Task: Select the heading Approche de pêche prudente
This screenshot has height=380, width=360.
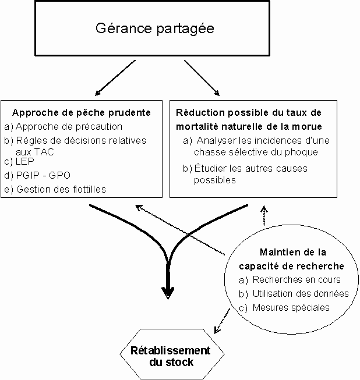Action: [x=81, y=112]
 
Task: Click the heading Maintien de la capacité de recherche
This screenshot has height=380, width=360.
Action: [x=292, y=259]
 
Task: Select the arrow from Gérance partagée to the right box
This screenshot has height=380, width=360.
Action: [x=202, y=77]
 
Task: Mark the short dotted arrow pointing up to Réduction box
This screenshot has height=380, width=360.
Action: [x=264, y=215]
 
